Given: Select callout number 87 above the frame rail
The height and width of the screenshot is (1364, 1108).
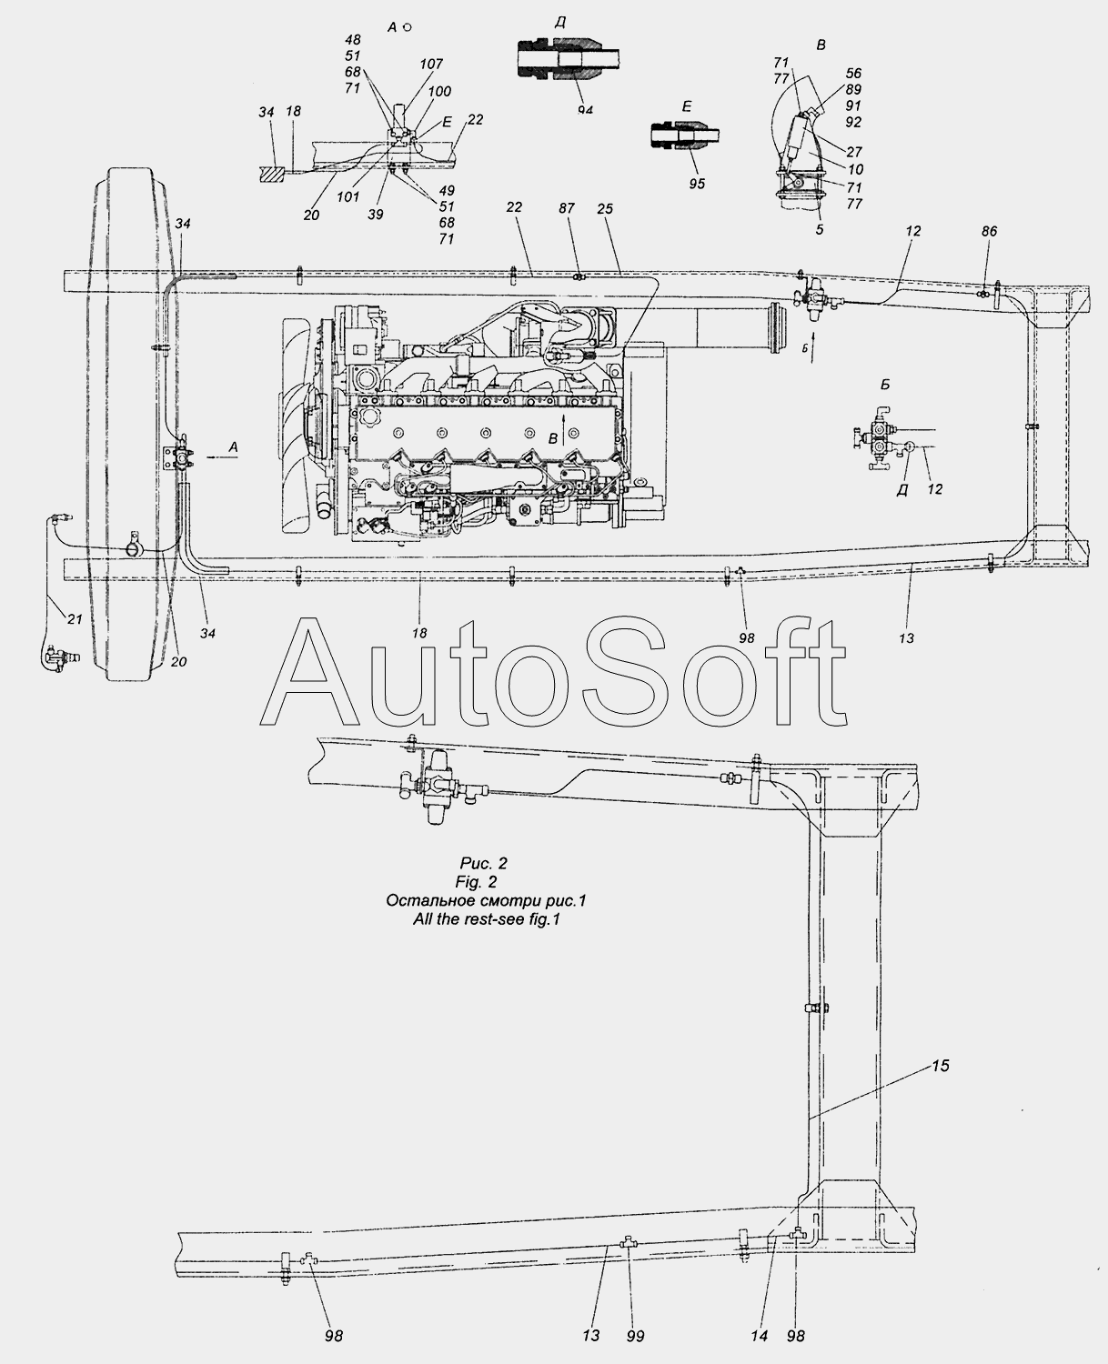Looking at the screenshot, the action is [x=566, y=208].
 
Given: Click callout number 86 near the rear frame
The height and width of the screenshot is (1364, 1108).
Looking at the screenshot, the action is [x=989, y=231].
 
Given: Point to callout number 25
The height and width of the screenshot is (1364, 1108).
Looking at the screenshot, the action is [x=605, y=208].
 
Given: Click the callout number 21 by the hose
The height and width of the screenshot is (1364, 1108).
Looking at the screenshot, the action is [x=75, y=618].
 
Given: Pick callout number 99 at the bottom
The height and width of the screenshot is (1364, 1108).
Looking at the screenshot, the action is [x=635, y=1336].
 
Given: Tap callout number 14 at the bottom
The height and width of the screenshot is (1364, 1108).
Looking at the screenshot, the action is [x=759, y=1336].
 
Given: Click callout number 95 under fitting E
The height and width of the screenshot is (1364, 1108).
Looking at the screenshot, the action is [x=697, y=183].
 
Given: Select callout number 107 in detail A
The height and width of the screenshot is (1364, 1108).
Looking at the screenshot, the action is [x=431, y=64].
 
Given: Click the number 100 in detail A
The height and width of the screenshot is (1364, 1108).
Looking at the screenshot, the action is [x=439, y=91].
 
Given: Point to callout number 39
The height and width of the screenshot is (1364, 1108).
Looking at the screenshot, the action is [x=376, y=215].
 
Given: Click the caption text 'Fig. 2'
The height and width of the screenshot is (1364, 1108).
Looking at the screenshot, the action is [x=476, y=882].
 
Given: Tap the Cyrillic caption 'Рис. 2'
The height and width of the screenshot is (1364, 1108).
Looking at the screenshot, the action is [x=484, y=863].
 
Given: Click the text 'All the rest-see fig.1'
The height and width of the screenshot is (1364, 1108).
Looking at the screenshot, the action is [x=487, y=919].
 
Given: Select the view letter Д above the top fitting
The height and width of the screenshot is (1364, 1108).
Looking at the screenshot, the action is [x=559, y=23].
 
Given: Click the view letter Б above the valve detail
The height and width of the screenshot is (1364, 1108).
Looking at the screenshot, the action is [x=885, y=385].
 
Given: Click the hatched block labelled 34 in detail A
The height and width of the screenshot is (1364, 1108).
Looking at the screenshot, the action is [x=272, y=174].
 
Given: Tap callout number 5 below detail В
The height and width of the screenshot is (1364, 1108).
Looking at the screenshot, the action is [x=820, y=229].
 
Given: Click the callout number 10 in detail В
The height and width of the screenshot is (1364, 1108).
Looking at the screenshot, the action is [x=855, y=169].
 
